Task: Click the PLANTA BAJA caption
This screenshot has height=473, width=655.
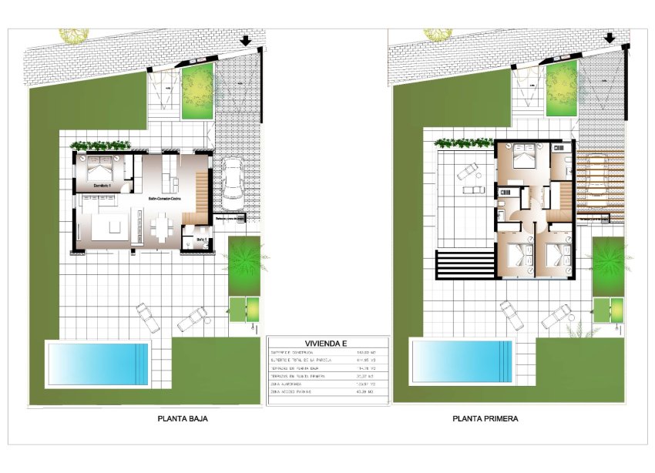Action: tap(183, 420)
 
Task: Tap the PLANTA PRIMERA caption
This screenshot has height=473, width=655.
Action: tap(485, 420)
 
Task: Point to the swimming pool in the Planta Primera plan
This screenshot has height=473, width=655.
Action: tap(462, 359)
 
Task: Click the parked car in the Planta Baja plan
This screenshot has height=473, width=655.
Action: tap(232, 184)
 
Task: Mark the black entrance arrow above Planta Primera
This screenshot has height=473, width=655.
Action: tap(610, 39)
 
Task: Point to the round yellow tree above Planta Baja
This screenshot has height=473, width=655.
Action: tap(74, 35)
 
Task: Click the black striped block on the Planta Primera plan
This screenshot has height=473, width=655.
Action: tap(463, 265)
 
